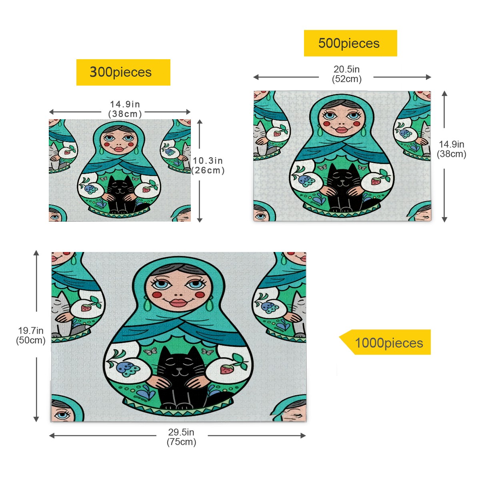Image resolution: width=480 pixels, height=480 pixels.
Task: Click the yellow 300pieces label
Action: (123, 72)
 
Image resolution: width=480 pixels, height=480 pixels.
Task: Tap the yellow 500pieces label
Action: (350, 43)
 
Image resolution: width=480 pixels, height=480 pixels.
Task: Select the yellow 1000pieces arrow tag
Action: (385, 342)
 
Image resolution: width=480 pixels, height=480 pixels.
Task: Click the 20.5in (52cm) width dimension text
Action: (346, 74)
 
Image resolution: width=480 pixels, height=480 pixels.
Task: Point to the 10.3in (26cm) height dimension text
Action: (208, 165)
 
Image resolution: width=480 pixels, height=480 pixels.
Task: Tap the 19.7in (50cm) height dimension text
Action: (31, 335)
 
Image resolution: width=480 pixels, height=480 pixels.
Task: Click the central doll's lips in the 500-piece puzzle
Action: (342, 130)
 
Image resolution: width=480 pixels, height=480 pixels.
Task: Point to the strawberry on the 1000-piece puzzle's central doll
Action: (226, 369)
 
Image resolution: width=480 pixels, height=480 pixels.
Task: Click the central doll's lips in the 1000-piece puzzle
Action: (178, 302)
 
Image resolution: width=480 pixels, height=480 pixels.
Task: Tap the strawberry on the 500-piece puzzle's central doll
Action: (375, 181)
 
